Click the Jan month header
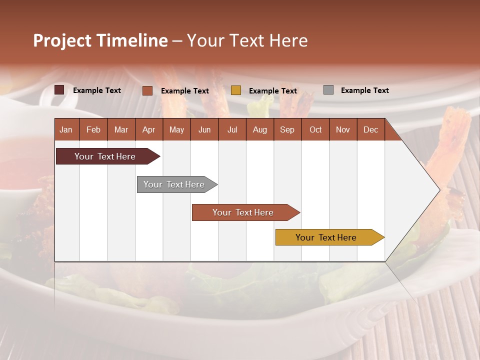coord(66,129)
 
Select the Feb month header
coord(93,129)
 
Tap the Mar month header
coord(121,129)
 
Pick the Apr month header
coord(148,129)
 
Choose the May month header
coord(176,129)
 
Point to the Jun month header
coord(204,129)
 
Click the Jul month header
coord(232,129)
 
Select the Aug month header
coord(259,129)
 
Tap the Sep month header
coord(287,129)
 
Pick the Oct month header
coord(315,129)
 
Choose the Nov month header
coord(343,129)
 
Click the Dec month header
coord(370,129)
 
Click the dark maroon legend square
coord(59,90)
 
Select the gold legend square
coord(236,90)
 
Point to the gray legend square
coord(328,90)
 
